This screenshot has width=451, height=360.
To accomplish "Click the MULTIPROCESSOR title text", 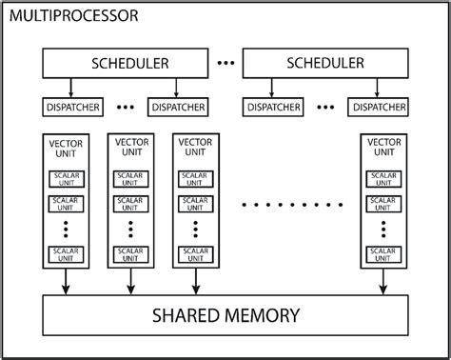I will pos(72,16).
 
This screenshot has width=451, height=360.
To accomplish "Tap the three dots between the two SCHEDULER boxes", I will pos(226,64).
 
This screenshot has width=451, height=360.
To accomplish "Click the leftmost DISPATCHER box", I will pos(71,108).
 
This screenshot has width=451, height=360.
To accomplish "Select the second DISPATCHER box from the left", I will pos(177,108).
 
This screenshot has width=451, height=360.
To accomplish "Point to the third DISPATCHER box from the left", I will pos(274,108).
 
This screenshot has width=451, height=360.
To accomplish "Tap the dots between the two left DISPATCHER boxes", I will pos(125,108).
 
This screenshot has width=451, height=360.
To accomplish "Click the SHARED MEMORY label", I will pos(225,315).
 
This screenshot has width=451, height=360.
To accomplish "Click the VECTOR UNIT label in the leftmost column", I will pos(67,148).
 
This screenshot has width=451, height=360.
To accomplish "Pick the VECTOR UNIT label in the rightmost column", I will pos(384,148).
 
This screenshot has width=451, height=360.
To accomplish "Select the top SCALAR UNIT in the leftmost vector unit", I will pos(67,179).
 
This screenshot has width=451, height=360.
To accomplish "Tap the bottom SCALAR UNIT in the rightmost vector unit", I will pos(384,254).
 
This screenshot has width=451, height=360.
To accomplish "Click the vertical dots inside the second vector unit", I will pos(131,229).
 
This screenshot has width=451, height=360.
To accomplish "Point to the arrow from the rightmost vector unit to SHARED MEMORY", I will pos(384,281).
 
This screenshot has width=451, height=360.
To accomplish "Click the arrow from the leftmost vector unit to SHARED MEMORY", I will pos(67,281).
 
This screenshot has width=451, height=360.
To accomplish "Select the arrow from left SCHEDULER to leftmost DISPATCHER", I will pos(71,88).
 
